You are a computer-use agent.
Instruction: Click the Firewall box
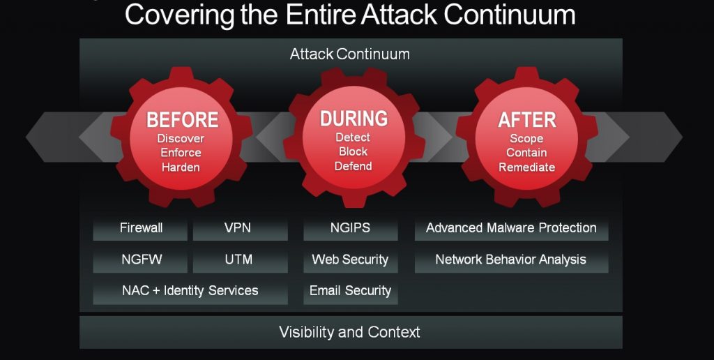tap(140, 228)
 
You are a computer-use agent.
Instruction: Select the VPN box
tap(240, 228)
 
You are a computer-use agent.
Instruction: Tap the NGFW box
tap(140, 260)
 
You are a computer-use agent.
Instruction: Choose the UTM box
tap(240, 260)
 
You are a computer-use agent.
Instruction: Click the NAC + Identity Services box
tap(190, 291)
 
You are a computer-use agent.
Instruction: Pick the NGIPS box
tap(351, 228)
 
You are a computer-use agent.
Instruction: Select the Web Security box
tap(351, 260)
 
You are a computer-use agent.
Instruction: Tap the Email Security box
tap(351, 291)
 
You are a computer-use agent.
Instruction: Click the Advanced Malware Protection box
tap(511, 228)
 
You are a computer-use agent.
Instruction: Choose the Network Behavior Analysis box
tap(511, 260)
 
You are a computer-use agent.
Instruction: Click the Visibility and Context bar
tap(351, 332)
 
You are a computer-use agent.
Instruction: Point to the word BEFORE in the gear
tap(182, 120)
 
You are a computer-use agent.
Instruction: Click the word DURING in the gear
tap(354, 119)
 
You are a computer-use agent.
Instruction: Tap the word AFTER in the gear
tap(527, 120)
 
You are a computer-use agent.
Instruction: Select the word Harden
tap(181, 167)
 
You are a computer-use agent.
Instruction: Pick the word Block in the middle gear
tap(354, 151)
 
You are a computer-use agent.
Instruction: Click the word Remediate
tap(527, 167)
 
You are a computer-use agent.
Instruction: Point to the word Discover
tap(181, 138)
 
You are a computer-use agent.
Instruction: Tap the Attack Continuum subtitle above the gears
tap(350, 54)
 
